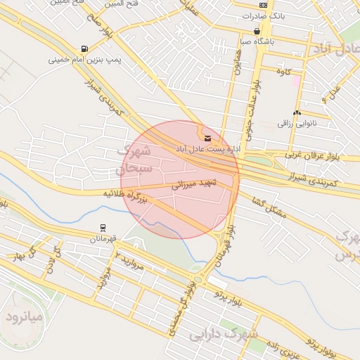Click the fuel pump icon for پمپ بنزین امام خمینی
point(85,49)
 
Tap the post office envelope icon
point(207,138)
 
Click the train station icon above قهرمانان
point(104,228)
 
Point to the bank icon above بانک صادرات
point(263,4)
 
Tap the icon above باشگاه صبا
point(257,31)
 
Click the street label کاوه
point(283,72)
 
